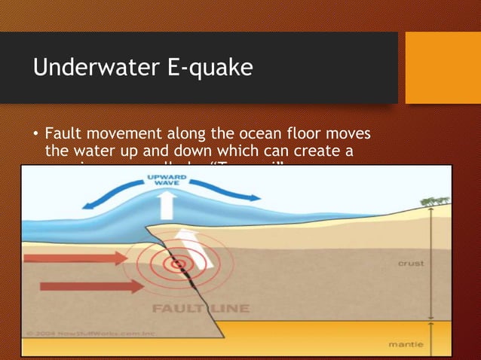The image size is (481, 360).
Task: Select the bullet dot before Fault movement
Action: pos(35,136)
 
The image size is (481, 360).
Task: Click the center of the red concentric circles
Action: pos(179,263)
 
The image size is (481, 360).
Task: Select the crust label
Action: pos(411,264)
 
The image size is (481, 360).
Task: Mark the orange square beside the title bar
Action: pos(443,68)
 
